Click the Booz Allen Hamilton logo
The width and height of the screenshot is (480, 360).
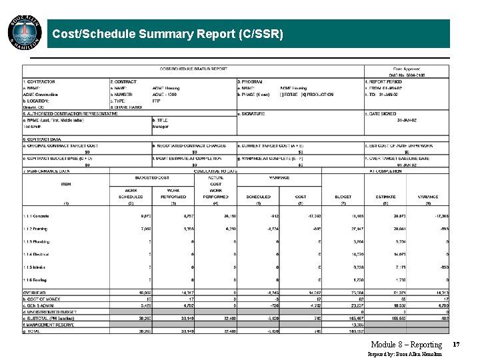25,32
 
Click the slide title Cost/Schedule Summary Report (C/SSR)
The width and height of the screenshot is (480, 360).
167,33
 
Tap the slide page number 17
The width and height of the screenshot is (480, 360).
456,344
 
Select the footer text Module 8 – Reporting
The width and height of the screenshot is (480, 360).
406,345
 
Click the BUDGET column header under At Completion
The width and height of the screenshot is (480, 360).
343,197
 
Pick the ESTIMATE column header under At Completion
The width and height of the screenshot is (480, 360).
385,197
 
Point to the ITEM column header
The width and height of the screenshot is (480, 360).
65,184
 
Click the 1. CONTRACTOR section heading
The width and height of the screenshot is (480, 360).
38,82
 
